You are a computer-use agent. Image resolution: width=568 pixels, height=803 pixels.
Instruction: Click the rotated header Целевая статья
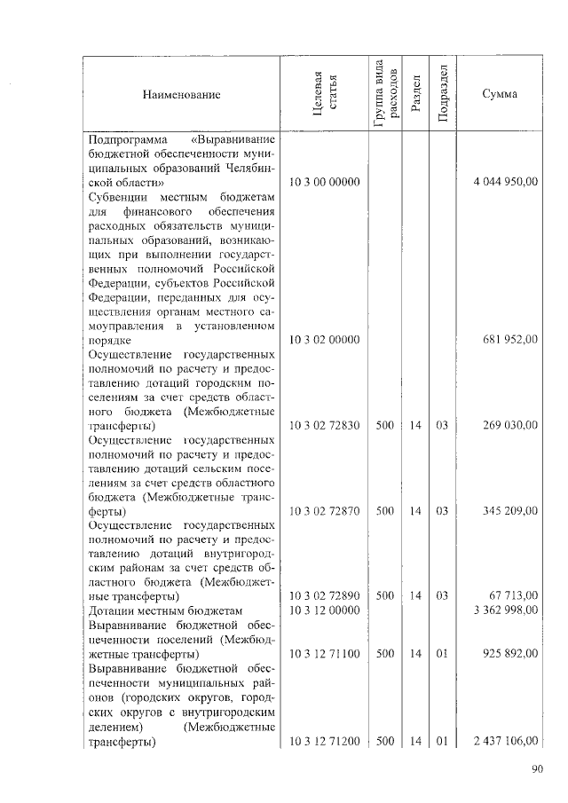click(x=323, y=94)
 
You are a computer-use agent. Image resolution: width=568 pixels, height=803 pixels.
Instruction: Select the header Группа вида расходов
click(x=384, y=94)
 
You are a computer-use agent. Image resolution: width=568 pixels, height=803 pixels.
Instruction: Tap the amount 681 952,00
click(x=509, y=340)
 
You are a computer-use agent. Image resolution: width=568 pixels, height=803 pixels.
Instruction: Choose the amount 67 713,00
click(x=514, y=596)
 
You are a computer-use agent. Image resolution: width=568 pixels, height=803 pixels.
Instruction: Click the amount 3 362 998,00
click(x=502, y=610)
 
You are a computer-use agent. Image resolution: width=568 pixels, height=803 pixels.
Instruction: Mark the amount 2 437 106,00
click(x=502, y=740)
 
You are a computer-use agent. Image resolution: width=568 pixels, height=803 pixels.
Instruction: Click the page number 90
click(x=538, y=769)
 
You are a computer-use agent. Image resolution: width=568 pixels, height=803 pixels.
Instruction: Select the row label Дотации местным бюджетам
click(x=165, y=610)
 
